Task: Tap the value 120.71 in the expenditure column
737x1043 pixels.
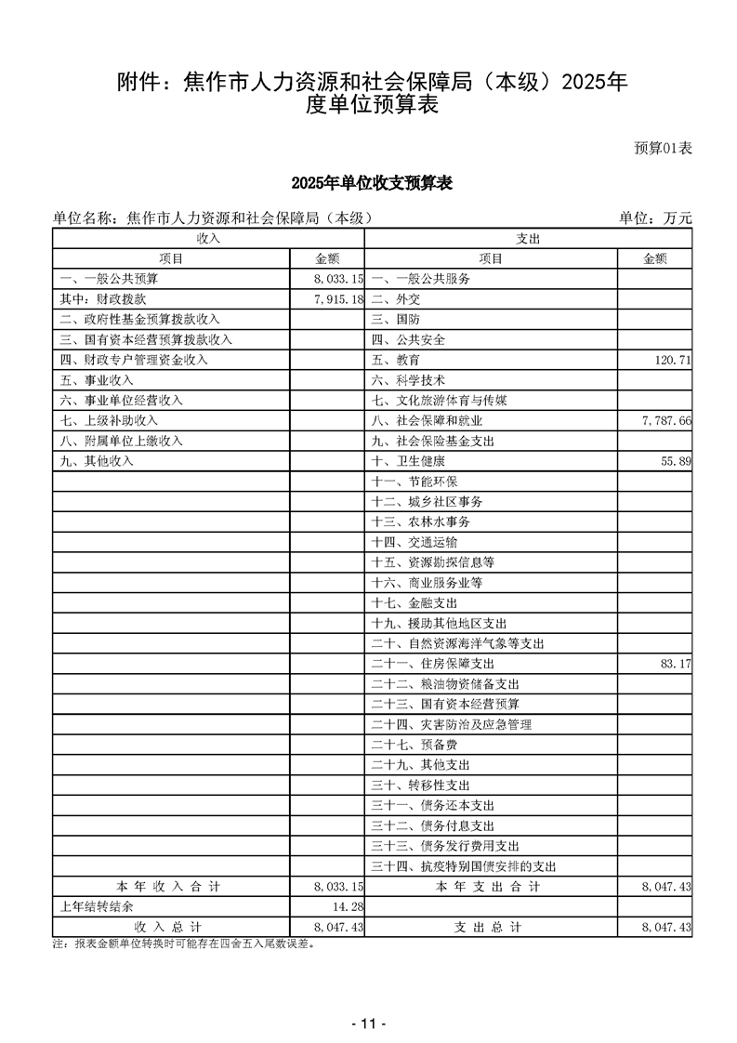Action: click(x=668, y=360)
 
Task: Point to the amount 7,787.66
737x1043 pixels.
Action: click(x=665, y=421)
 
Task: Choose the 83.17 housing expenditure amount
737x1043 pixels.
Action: click(x=672, y=665)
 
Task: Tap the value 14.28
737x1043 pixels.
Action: click(x=344, y=907)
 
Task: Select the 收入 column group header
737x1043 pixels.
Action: click(x=207, y=239)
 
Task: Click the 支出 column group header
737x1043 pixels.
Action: click(x=528, y=239)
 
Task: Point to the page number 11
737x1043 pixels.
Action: click(x=368, y=1023)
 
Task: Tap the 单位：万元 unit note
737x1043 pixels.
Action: click(x=655, y=218)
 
